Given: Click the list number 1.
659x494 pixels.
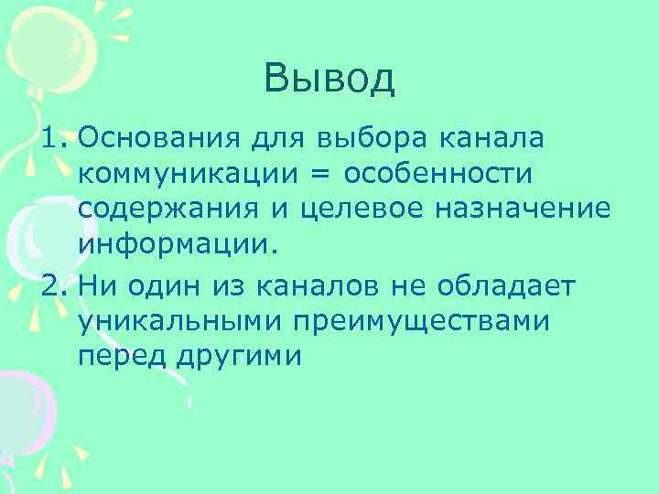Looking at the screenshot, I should click(x=52, y=139).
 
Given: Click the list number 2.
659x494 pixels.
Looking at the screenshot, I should click(x=52, y=285).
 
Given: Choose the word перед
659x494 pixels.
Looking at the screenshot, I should click(x=120, y=355).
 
